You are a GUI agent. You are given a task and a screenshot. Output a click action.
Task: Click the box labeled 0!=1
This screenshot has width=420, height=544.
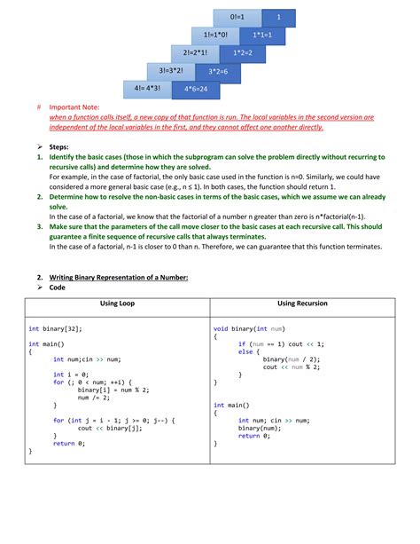pyautogui.click(x=237, y=17)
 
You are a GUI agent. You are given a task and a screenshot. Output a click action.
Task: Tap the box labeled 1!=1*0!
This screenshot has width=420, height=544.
pyautogui.click(x=214, y=35)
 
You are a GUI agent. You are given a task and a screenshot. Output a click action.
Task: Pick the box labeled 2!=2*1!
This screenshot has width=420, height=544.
pyautogui.click(x=192, y=52)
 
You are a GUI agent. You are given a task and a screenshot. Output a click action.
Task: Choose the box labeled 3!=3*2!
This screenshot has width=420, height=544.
pyautogui.click(x=169, y=70)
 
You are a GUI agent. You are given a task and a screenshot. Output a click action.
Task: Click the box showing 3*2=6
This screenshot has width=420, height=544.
pyautogui.click(x=214, y=71)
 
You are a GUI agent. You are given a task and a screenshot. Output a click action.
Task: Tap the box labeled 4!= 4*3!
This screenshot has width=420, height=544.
pyautogui.click(x=147, y=88)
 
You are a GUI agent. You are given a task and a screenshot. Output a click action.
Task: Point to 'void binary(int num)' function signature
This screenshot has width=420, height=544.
pyautogui.click(x=249, y=327)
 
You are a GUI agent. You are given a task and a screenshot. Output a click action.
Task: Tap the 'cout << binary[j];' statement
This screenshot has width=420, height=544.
pyautogui.click(x=109, y=428)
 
